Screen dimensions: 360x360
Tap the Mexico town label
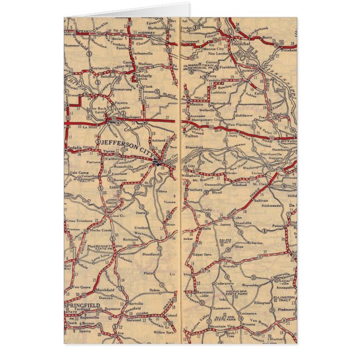pos(196,105)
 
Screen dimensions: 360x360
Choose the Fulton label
pos(193,133)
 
